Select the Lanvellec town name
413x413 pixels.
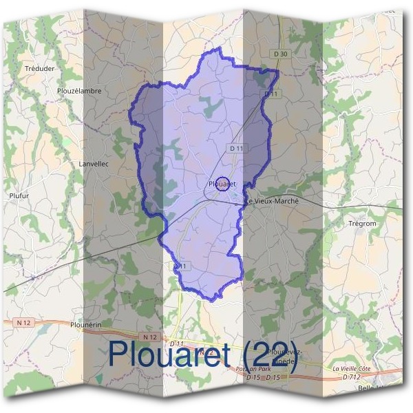pyautogui.click(x=94, y=164)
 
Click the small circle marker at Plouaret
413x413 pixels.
pyautogui.click(x=222, y=183)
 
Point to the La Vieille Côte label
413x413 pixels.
pyautogui.click(x=351, y=369)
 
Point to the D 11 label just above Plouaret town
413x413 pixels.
pyautogui.click(x=236, y=148)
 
